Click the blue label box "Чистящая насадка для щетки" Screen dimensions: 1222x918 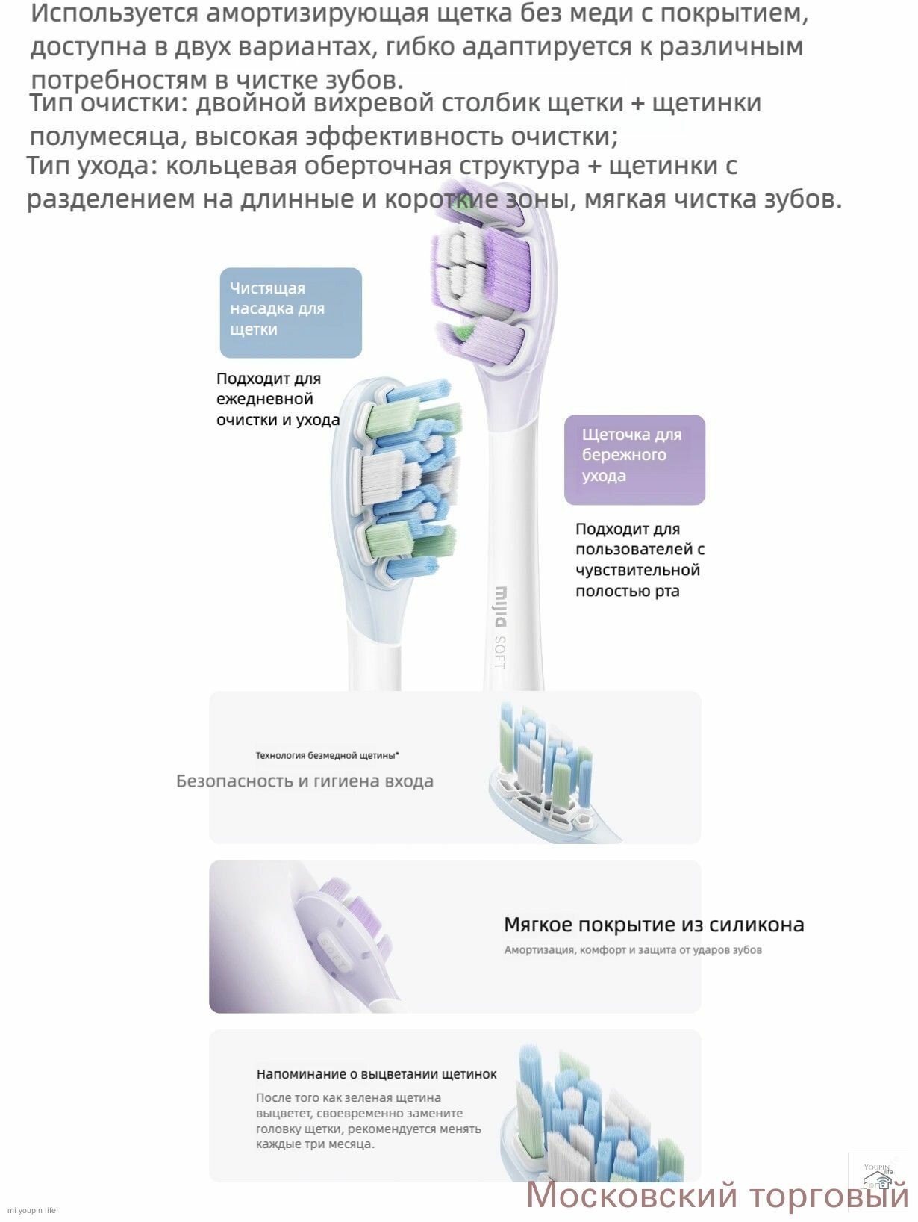tap(290, 312)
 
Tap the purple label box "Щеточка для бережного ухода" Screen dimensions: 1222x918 tap(634, 459)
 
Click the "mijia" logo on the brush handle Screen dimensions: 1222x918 tap(502, 607)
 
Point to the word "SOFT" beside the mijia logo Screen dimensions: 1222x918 tap(500, 651)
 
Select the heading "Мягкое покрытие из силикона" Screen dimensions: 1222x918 tap(654, 925)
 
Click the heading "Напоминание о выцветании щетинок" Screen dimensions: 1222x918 tap(376, 1073)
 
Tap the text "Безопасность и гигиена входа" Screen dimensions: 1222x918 tap(305, 781)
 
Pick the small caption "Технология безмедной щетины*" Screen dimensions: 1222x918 tap(327, 755)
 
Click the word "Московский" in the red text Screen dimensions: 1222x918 tap(631, 1195)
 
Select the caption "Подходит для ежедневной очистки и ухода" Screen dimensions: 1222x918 tap(278, 400)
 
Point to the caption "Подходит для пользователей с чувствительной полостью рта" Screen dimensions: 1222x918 tap(640, 560)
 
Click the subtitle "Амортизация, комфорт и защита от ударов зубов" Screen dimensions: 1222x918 tap(633, 950)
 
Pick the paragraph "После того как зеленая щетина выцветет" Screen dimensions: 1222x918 tap(369, 1120)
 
